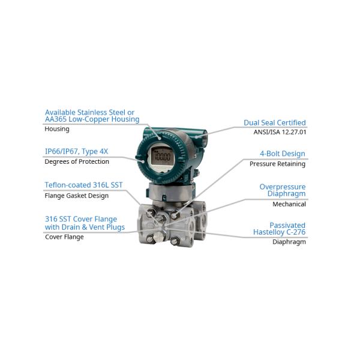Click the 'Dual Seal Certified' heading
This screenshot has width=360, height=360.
coord(274,123)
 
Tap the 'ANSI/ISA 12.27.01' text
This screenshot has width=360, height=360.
coord(280,132)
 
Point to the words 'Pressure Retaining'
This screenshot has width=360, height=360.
coord(277,164)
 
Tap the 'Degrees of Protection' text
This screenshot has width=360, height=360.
coord(77,161)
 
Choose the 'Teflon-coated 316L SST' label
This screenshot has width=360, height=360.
coord(84,185)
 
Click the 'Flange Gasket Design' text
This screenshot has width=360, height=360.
coord(77,196)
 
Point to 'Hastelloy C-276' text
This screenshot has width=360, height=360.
coord(279,232)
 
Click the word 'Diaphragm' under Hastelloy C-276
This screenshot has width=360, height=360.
coord(289,242)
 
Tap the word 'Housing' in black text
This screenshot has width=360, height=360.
coord(57,129)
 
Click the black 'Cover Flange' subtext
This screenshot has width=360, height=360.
coord(64,237)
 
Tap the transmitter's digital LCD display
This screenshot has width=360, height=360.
coord(161,158)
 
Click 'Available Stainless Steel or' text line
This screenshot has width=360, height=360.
coord(89,112)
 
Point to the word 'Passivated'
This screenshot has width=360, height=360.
coord(287,225)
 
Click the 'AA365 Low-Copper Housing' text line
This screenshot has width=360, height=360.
coord(92,120)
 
